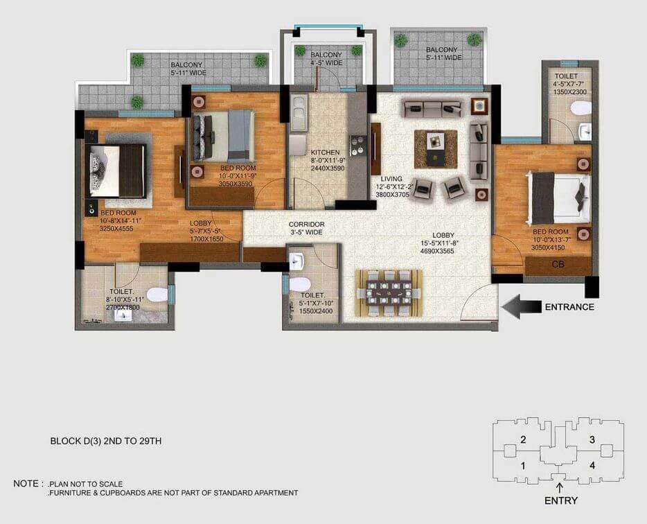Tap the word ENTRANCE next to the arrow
coord(569,307)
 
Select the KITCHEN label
coord(325,152)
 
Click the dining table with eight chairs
coord(388,293)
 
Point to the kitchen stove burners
coord(359,146)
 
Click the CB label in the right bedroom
coord(558,264)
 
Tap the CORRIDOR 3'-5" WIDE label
coord(307,229)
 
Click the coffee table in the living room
coord(436,148)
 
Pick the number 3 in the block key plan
coord(592,439)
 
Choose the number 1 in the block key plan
coord(523,466)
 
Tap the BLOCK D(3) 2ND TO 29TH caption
coord(106,440)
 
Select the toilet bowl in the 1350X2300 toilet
coord(580,107)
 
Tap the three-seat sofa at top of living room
coord(432,108)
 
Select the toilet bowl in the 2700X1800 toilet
coord(157,295)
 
